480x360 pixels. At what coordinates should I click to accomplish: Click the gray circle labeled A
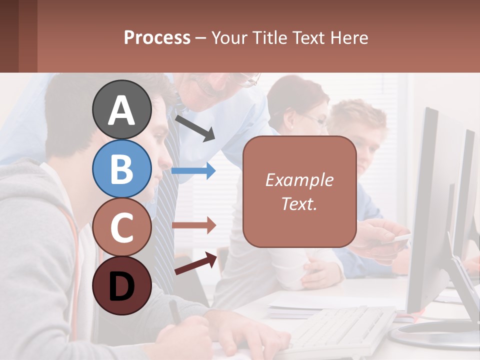click(x=121, y=109)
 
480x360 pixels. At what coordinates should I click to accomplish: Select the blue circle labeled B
click(x=121, y=168)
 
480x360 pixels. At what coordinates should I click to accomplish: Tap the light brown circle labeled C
click(x=121, y=227)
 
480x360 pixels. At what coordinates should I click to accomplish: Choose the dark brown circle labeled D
click(x=121, y=285)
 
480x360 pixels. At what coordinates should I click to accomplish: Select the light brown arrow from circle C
click(x=193, y=225)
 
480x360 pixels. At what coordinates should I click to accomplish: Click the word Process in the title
click(x=157, y=37)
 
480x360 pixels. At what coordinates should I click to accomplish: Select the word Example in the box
click(x=299, y=180)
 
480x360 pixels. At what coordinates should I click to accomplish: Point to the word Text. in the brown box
click(x=299, y=203)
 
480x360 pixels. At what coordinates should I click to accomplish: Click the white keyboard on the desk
click(x=340, y=327)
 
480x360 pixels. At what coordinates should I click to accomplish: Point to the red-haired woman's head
click(x=298, y=102)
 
